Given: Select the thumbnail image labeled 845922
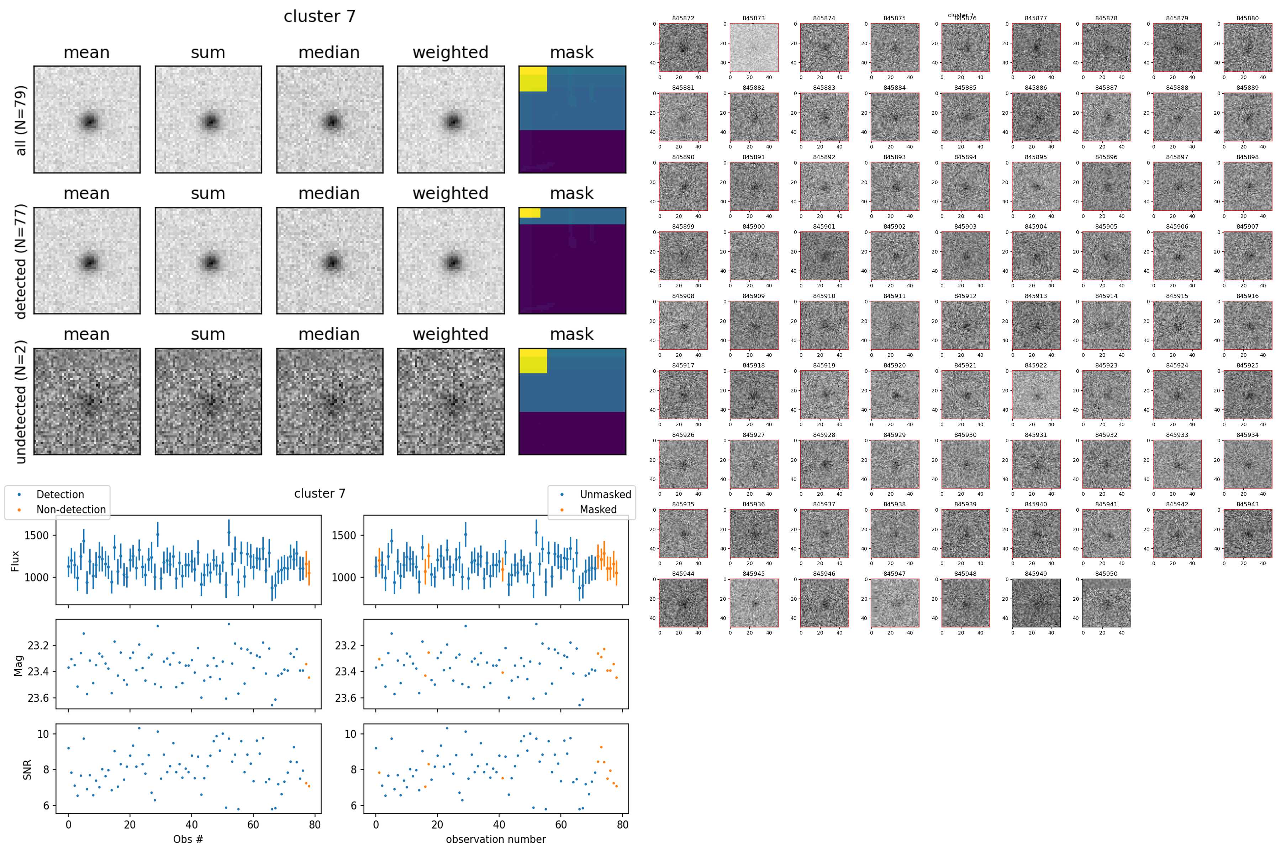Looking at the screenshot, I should (1035, 395).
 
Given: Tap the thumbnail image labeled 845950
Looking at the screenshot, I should (1106, 603).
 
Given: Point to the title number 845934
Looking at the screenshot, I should (1247, 435).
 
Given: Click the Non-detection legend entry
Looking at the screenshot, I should (71, 509).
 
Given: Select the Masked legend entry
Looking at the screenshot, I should (598, 509).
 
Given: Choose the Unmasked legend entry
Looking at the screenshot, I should (605, 495).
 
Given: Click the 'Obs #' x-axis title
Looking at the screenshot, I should (188, 839).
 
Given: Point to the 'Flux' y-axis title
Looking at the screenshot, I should (15, 561).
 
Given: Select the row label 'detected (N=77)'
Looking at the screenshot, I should (21, 261).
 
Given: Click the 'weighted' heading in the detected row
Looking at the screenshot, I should (450, 193).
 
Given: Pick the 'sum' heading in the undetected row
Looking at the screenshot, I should (208, 334).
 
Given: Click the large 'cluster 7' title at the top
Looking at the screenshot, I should (320, 16).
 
